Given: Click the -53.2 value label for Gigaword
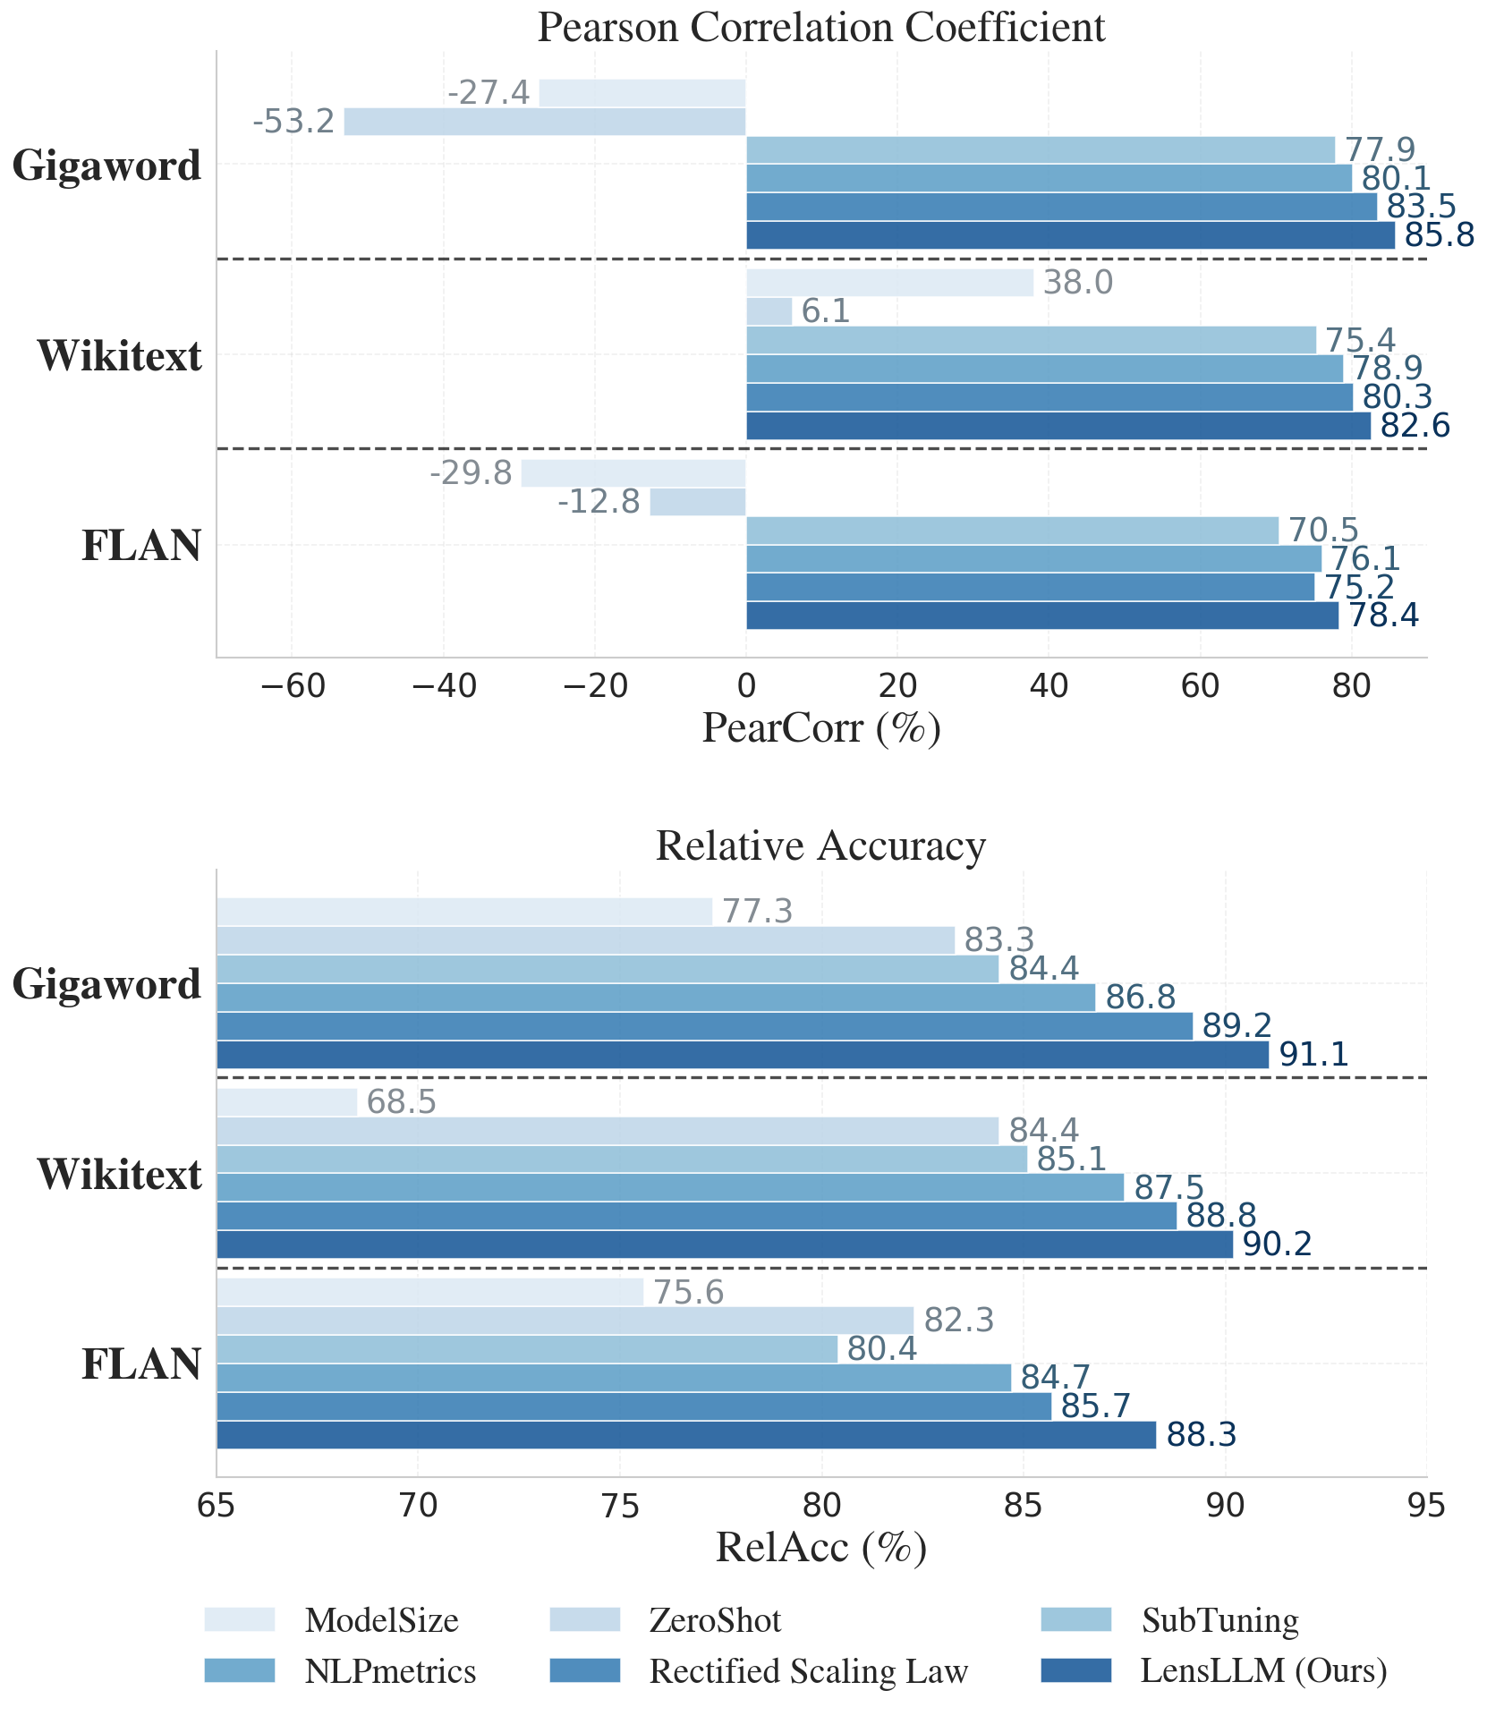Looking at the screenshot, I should point(293,122).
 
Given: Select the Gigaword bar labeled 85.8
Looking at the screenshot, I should point(1069,235).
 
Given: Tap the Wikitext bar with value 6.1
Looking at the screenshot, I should point(769,311).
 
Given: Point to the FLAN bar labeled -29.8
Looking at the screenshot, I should point(633,473).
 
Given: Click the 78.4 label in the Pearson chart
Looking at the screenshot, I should point(1383,616).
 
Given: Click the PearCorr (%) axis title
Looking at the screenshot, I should point(820,729).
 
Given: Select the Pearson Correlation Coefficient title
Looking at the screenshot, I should point(820,28).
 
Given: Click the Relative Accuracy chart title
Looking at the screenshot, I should point(820,845).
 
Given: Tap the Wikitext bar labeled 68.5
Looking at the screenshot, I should point(286,1102).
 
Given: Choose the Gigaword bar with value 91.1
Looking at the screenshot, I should point(743,1055).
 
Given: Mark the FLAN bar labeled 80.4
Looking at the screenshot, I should point(527,1349).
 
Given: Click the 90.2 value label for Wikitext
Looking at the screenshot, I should point(1278,1245).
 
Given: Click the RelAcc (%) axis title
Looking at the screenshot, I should point(820,1549).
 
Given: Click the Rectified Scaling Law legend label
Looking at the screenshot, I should point(809,1671).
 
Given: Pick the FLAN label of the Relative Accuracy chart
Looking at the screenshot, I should point(141,1364).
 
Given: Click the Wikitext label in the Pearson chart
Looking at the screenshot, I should point(119,356).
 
